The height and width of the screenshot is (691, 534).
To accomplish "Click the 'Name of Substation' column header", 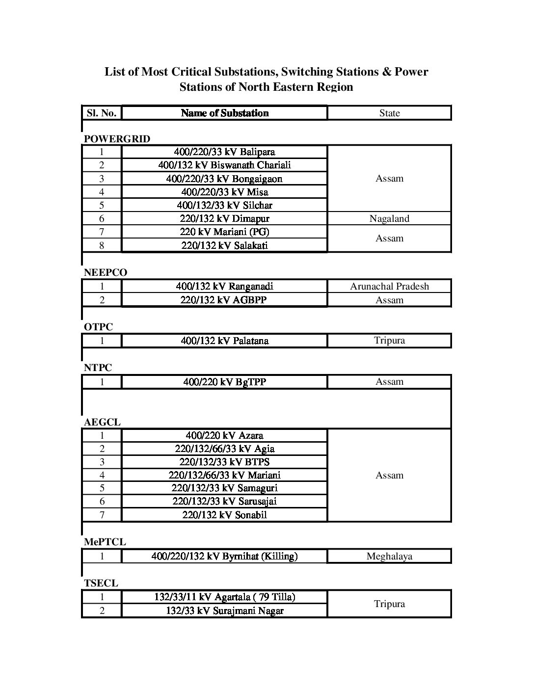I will pos(224,113).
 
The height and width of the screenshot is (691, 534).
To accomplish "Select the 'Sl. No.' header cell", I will pos(102,113).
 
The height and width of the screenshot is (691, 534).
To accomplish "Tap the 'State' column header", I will pos(389,113).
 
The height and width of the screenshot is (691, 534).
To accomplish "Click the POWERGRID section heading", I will pos(117,139).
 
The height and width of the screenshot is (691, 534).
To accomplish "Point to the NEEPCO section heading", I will pos(106,273).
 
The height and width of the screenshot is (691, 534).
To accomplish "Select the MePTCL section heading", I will pos(105,542).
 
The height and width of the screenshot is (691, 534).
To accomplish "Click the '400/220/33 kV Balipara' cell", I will pos(224,152).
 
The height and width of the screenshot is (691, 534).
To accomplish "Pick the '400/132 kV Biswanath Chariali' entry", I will pos(224,165).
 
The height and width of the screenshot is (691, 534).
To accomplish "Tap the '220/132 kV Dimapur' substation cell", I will pos(224,218).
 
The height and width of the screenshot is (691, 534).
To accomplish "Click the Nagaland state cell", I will pos(389,218).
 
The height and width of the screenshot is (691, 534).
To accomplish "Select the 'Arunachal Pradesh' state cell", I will pos(389,286).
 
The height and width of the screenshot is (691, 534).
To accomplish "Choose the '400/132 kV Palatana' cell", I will pos(224,341).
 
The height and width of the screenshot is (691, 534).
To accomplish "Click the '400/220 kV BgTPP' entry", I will pos(224,382).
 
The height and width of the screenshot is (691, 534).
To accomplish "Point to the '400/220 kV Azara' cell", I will pos(224,435).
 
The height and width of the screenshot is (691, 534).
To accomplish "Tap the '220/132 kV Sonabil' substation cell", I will pos(224,515).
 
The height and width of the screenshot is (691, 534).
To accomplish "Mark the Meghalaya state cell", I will pos(389,556).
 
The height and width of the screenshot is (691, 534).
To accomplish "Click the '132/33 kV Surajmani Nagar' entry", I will pos(224,611).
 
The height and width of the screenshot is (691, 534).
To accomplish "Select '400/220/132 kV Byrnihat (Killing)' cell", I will pos(224,556).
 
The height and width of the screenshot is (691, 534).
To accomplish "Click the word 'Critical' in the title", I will pos(191,72).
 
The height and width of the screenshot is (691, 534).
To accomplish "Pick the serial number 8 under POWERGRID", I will pos(102,245).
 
